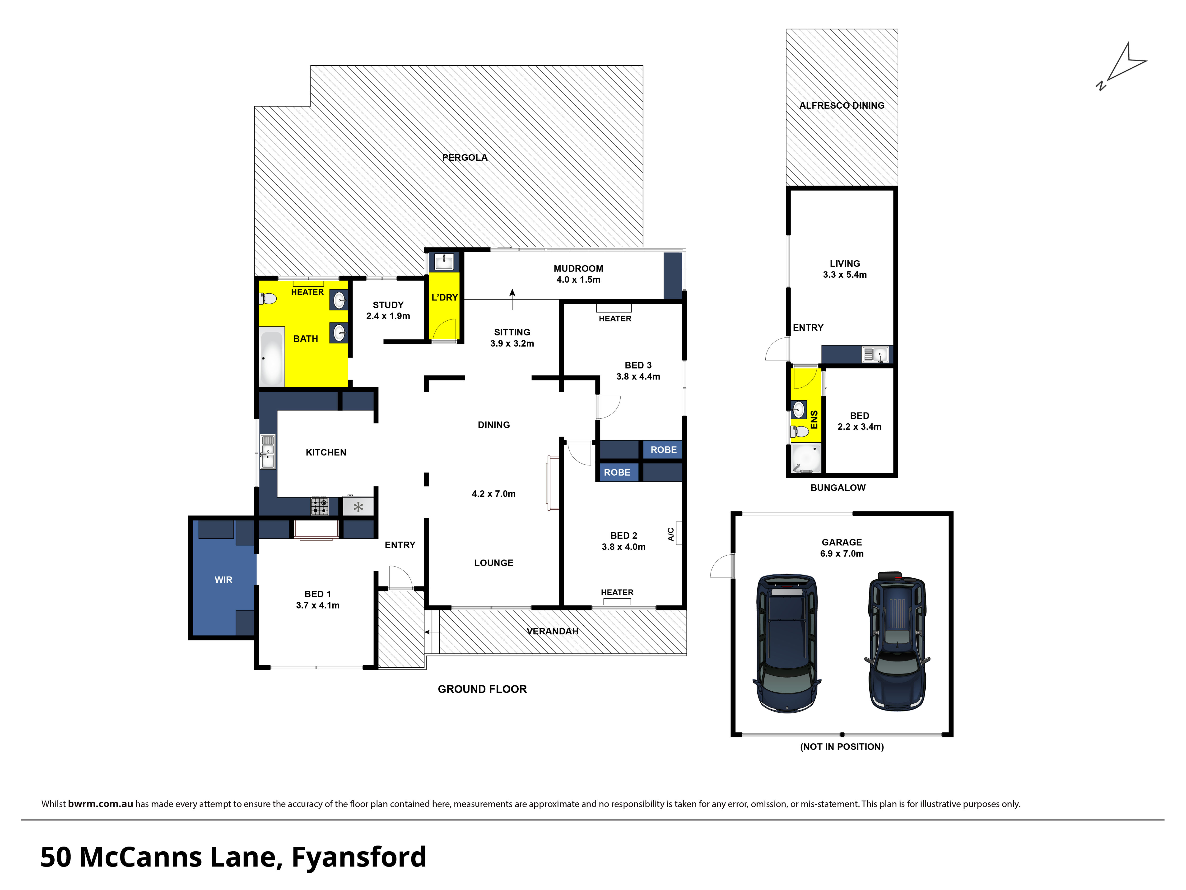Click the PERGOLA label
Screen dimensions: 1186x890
coord(465,157)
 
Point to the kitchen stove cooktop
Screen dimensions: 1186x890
coord(320,506)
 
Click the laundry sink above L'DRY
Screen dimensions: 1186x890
coord(444,262)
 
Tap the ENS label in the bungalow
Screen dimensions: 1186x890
coord(814,420)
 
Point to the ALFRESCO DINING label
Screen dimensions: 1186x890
coord(842,106)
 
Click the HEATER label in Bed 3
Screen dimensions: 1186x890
coord(615,319)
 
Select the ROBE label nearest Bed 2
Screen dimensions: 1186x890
coord(617,472)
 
